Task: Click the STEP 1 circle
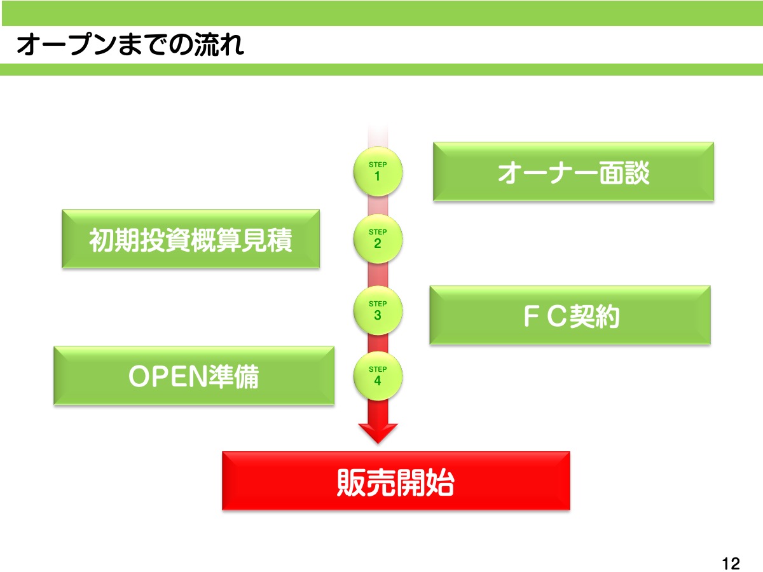pyautogui.click(x=378, y=171)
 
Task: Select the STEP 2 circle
pyautogui.click(x=378, y=238)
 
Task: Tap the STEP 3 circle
pyautogui.click(x=378, y=310)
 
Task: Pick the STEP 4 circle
pyautogui.click(x=378, y=376)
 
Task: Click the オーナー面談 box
pyautogui.click(x=574, y=172)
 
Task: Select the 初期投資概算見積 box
pyautogui.click(x=191, y=239)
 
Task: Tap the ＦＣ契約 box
pyautogui.click(x=570, y=315)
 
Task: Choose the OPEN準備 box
pyautogui.click(x=194, y=376)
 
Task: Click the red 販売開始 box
pyautogui.click(x=396, y=481)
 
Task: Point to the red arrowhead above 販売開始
pyautogui.click(x=378, y=433)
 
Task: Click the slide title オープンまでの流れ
pyautogui.click(x=130, y=44)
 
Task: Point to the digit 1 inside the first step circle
pyautogui.click(x=377, y=177)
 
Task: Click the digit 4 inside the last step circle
pyautogui.click(x=378, y=381)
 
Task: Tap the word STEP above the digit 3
pyautogui.click(x=378, y=304)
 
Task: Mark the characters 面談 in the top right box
pyautogui.click(x=624, y=173)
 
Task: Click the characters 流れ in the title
pyautogui.click(x=219, y=44)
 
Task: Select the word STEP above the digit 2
pyautogui.click(x=378, y=232)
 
